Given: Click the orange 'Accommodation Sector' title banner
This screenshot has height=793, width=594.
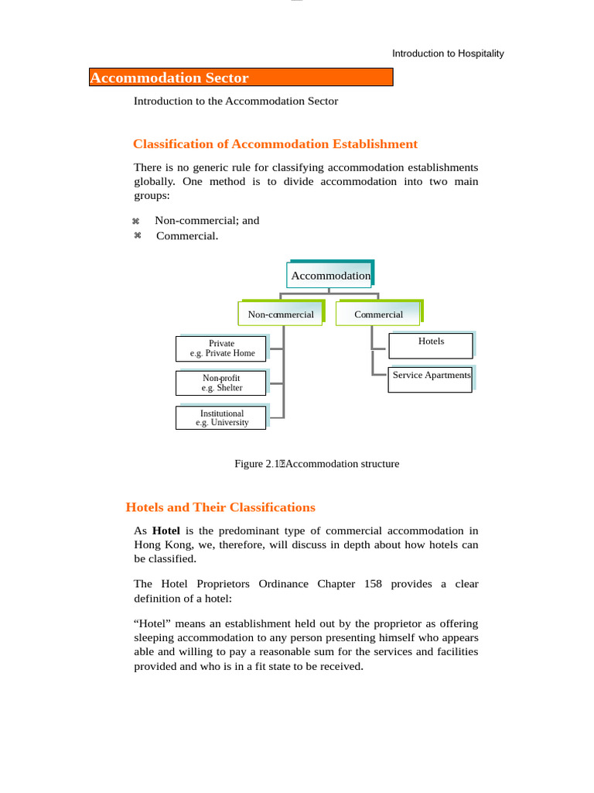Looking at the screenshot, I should coord(241,77).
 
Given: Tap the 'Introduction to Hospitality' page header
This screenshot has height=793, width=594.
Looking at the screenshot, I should coord(448,53).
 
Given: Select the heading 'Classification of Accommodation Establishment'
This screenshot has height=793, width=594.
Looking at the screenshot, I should coord(275,144).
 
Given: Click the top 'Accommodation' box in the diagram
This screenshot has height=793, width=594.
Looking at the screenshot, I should coord(330,276).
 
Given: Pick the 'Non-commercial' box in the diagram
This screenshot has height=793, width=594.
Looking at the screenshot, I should coord(280,314).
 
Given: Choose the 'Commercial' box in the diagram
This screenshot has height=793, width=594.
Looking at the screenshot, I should coord(378,314).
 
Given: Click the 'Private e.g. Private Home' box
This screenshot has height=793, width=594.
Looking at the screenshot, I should coord(221,348).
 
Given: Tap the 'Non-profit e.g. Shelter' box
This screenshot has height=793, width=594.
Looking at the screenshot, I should coord(221,383).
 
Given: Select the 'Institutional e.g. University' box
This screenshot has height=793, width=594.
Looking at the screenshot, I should coord(221,418).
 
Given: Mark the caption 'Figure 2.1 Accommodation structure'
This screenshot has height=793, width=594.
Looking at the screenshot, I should coord(316,464).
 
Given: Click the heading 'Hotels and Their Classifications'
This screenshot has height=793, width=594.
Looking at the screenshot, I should coord(220,508).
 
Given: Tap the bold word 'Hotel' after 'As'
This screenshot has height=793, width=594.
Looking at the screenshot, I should coord(166,531).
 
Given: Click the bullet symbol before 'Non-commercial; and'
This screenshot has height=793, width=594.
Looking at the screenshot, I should coord(137,221).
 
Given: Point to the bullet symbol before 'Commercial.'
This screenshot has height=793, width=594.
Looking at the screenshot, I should coord(137,236).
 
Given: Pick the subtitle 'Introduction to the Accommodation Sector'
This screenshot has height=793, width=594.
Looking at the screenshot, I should coord(236,101).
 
